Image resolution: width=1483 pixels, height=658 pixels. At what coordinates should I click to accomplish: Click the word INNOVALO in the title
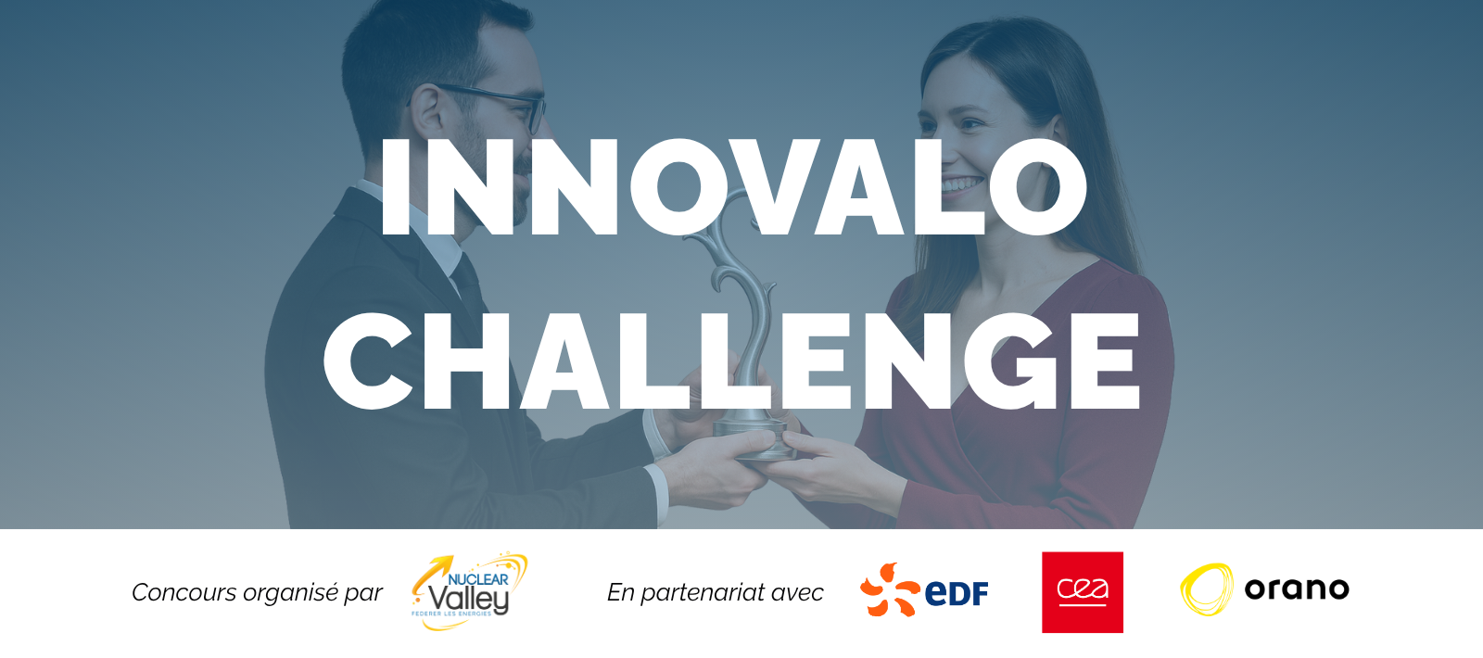(x=733, y=187)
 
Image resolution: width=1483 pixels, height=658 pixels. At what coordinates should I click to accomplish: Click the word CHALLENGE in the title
(x=732, y=361)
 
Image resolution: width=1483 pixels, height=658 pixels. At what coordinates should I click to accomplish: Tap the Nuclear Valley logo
(x=469, y=591)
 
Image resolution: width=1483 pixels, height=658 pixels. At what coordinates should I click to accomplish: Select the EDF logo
(x=924, y=589)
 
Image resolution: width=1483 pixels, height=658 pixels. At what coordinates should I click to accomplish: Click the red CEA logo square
(x=1083, y=592)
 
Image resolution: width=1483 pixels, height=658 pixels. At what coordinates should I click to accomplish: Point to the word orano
(x=1297, y=588)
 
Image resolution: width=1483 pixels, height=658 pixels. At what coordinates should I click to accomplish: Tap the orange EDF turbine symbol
(x=889, y=589)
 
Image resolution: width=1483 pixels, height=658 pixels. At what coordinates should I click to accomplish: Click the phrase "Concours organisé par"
(x=257, y=592)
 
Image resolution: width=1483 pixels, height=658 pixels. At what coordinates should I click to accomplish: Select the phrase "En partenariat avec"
(x=715, y=592)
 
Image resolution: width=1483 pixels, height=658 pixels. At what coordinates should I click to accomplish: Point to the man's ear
(x=427, y=109)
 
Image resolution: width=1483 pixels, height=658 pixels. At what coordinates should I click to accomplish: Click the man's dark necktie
(x=469, y=285)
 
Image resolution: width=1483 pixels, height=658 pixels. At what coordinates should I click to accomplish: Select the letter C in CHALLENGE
(x=367, y=361)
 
